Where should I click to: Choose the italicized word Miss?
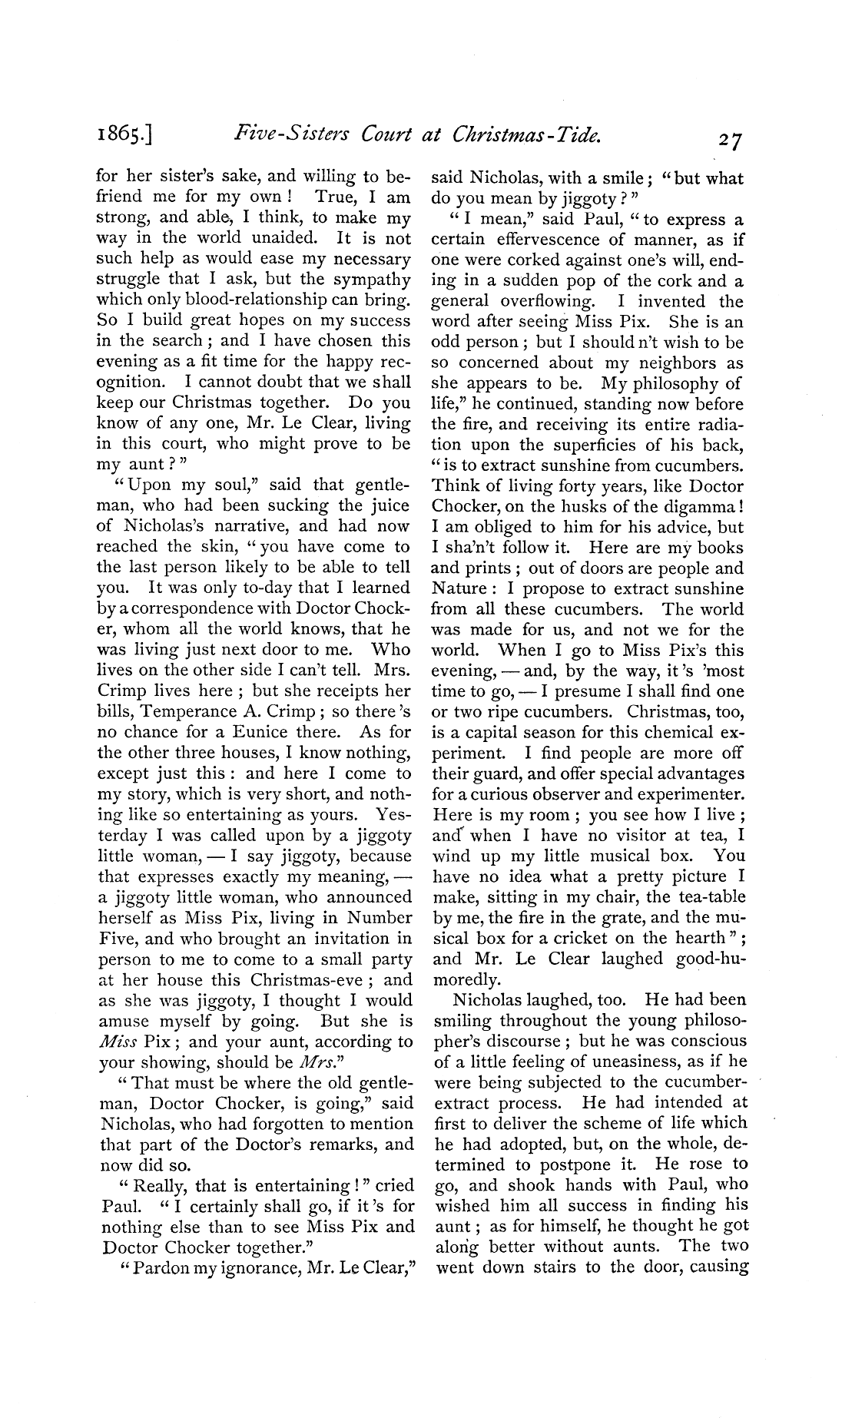[x=118, y=1042]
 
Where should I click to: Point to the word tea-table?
[x=704, y=896]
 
